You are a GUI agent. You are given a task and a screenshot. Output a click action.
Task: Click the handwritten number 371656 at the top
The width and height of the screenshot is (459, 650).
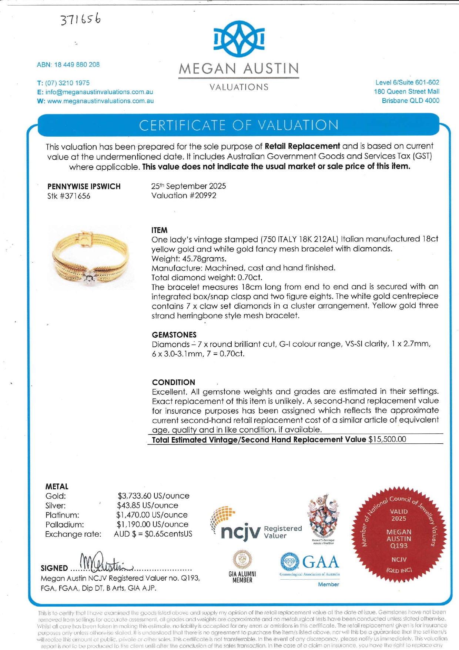tap(81, 19)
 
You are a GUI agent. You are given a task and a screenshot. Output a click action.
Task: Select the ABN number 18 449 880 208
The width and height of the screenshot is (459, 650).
tap(77, 65)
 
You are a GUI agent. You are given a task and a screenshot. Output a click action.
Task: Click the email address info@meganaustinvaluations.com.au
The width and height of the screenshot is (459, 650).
tap(99, 92)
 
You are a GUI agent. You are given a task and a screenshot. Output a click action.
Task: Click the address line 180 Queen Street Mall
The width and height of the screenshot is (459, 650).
tap(406, 91)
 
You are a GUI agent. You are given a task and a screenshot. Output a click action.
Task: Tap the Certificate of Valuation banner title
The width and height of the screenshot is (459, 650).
tap(239, 125)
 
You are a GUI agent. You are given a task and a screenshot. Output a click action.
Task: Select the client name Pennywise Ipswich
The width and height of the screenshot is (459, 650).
tap(84, 186)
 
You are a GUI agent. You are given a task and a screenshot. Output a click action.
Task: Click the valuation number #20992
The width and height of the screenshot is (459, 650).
tap(202, 196)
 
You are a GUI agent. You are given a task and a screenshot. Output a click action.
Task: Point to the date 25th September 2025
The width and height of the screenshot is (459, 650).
tap(188, 186)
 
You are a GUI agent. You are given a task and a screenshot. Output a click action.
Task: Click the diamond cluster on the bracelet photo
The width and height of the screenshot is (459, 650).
tap(89, 276)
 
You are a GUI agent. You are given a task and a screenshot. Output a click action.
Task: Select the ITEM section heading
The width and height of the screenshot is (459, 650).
tap(160, 230)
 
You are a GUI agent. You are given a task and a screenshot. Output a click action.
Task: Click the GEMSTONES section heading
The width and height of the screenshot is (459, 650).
tap(174, 335)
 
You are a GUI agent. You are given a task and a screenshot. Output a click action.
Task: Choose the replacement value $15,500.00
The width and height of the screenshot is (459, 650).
tap(387, 439)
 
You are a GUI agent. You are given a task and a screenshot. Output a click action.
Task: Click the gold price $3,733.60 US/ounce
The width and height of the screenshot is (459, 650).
tap(153, 496)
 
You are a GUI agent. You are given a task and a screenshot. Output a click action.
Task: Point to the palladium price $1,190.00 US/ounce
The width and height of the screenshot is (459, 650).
tap(153, 524)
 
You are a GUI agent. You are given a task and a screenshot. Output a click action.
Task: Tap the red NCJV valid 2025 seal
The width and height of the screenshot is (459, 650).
tap(399, 534)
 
